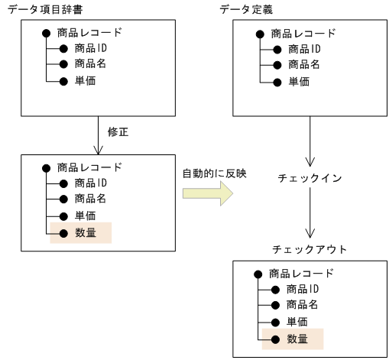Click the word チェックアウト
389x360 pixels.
tap(310, 249)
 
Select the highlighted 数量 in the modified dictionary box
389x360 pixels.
tap(85, 232)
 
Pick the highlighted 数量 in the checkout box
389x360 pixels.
tap(297, 338)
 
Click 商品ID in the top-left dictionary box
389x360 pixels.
tap(91, 48)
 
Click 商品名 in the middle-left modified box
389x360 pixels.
tap(89, 199)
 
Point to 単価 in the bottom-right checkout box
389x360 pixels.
tap(297, 322)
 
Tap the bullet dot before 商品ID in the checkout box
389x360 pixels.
tap(273, 289)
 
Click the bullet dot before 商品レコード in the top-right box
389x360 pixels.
tap(260, 34)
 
